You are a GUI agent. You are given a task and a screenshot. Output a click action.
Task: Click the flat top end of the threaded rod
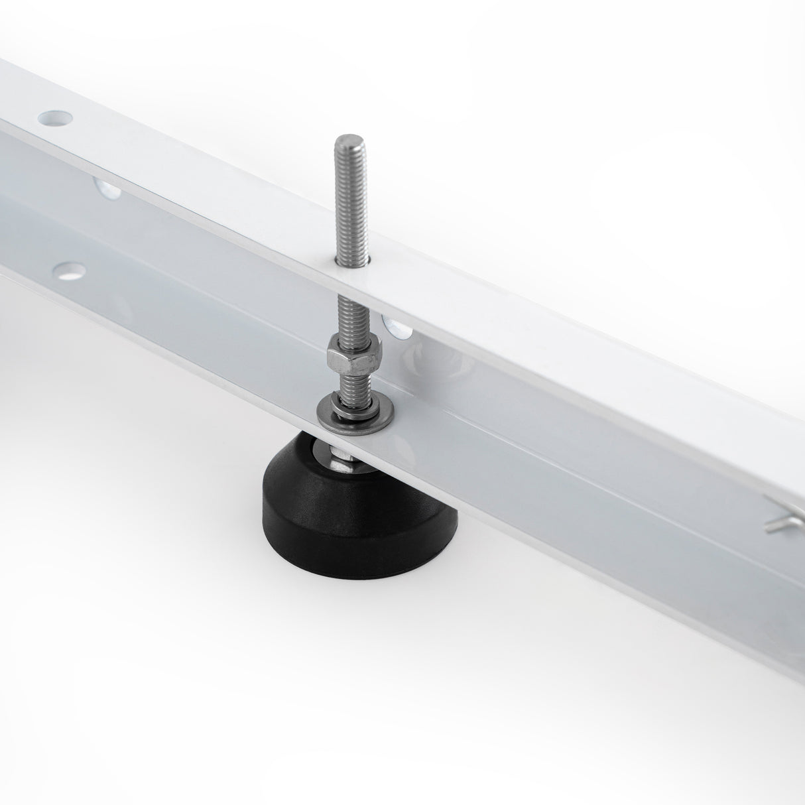(345, 139)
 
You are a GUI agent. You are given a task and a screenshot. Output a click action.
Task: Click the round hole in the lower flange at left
(70, 271)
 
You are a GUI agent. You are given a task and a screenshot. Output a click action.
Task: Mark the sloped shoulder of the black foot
(292, 477)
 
